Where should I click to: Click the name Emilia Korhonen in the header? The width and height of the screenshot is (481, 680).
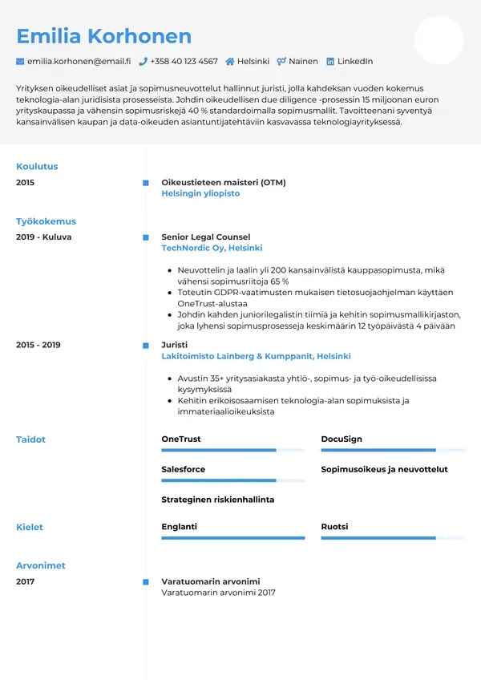click(104, 36)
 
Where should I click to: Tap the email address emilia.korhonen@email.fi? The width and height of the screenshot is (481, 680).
click(79, 61)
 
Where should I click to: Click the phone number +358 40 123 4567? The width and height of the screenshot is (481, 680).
click(184, 61)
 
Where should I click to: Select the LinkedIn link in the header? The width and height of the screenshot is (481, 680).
click(354, 61)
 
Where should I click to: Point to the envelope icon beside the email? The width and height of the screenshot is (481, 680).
click(20, 61)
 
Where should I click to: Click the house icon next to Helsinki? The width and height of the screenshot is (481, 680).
click(230, 61)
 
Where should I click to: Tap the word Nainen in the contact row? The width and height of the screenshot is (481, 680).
click(304, 61)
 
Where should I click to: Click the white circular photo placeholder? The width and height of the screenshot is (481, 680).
click(439, 40)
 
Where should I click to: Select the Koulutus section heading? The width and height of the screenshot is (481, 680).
click(37, 167)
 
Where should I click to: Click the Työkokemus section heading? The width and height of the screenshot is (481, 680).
click(46, 221)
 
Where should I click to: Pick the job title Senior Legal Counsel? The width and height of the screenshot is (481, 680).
click(206, 237)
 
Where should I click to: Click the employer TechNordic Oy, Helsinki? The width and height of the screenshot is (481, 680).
click(212, 249)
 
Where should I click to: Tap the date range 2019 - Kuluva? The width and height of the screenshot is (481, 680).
click(44, 237)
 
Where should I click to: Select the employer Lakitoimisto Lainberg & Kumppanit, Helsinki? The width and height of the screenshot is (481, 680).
click(256, 356)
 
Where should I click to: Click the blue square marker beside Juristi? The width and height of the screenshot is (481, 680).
click(145, 345)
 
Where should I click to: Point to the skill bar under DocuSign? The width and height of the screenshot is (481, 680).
click(393, 451)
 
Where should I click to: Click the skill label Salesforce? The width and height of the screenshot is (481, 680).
click(183, 469)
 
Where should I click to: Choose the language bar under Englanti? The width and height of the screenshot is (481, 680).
click(232, 538)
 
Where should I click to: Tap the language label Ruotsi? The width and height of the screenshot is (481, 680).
click(334, 527)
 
